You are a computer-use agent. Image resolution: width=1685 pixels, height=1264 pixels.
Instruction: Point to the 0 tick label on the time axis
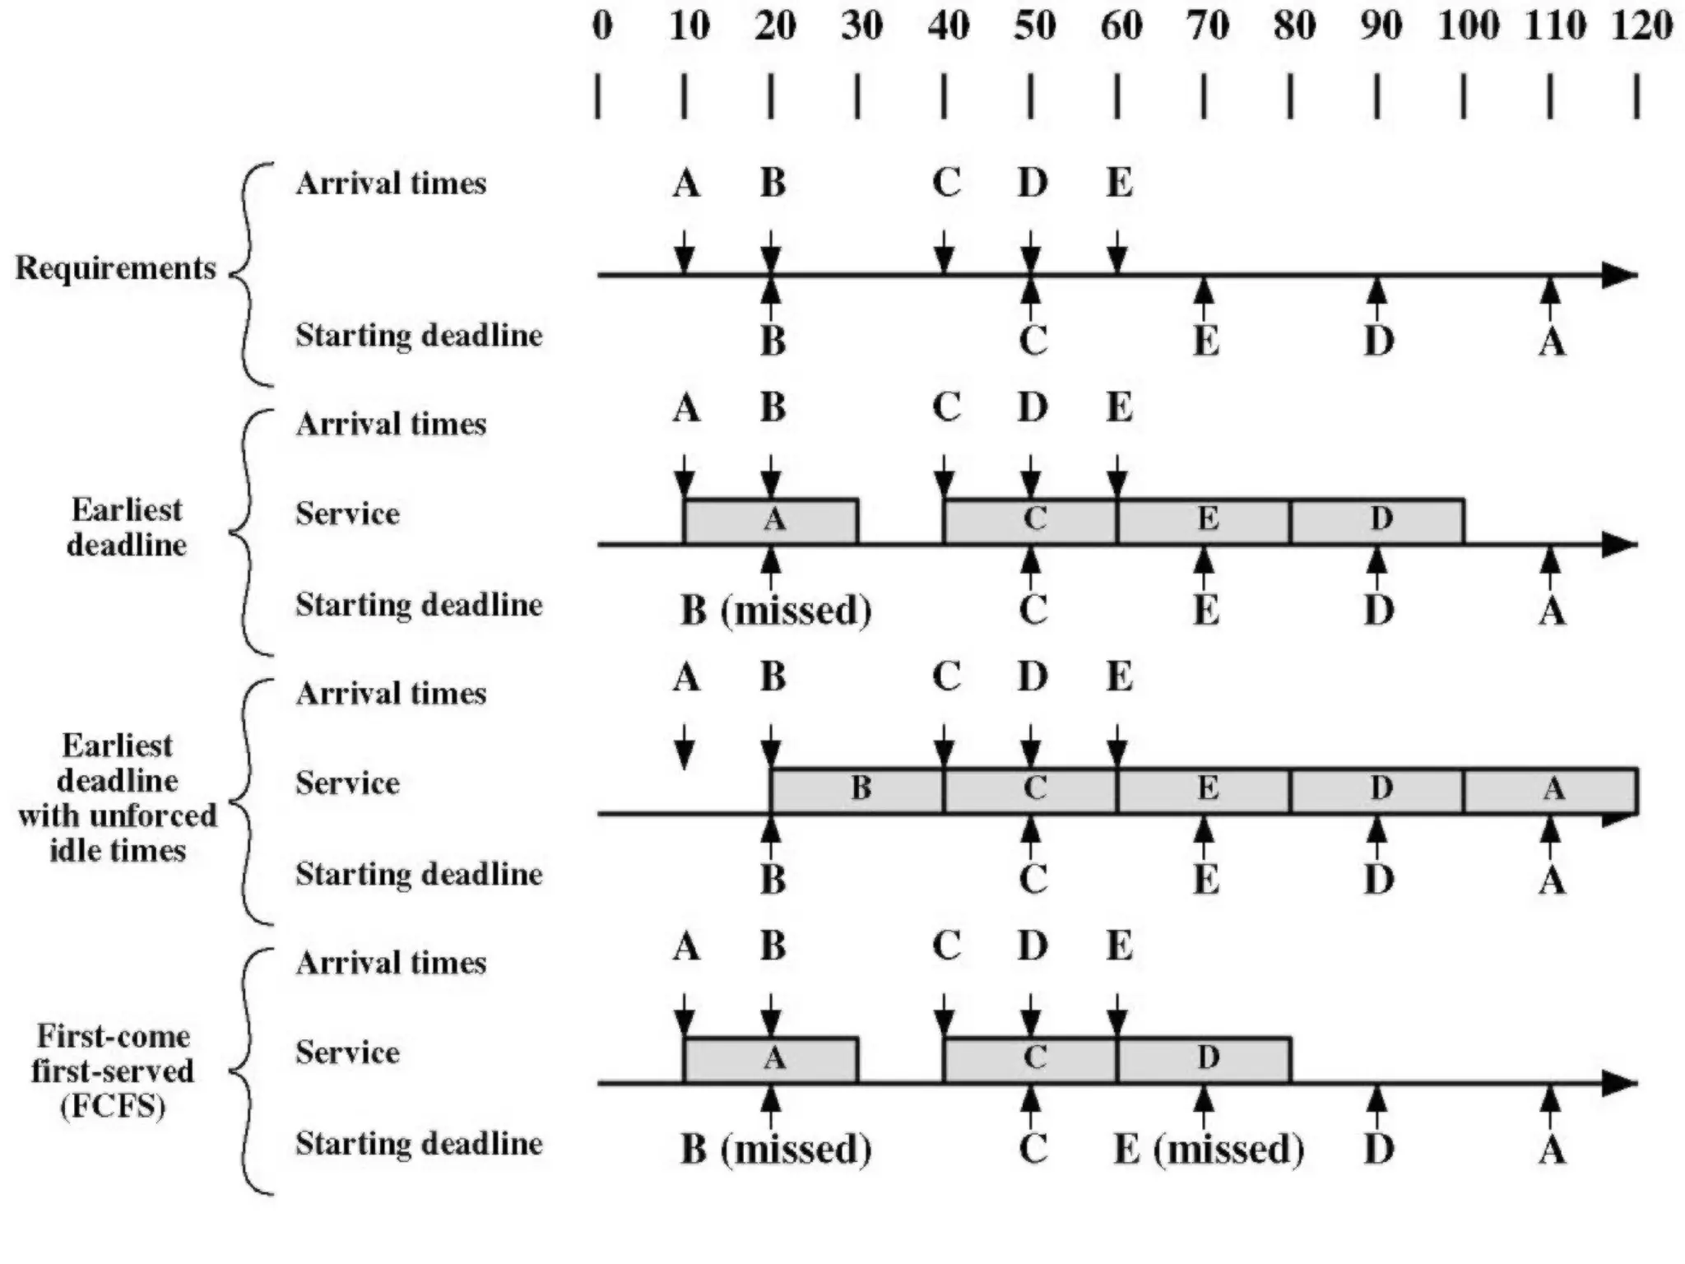(602, 26)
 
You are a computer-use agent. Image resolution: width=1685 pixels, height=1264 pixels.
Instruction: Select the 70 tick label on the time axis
(1207, 26)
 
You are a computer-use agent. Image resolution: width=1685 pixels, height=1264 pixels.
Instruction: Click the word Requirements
(115, 268)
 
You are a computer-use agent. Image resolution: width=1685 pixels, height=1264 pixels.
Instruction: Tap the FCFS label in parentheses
(114, 1105)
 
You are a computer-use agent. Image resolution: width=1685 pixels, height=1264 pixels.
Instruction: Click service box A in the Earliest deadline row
(772, 521)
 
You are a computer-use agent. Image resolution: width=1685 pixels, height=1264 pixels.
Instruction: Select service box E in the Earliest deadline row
(1205, 521)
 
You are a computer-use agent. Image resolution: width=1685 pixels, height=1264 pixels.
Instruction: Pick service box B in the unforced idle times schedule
(858, 790)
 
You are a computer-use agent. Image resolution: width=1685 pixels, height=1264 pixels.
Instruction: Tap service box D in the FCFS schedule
(1205, 1060)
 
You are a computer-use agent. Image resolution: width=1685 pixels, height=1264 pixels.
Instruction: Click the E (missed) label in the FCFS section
(1209, 1150)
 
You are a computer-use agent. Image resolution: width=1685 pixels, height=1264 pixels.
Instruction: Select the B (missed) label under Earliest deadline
(776, 611)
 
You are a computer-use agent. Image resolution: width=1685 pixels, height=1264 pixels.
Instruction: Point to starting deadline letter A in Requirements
(1552, 341)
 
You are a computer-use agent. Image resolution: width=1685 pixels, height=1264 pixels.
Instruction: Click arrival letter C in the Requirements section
(946, 183)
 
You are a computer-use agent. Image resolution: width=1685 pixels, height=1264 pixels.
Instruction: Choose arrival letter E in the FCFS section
(1119, 946)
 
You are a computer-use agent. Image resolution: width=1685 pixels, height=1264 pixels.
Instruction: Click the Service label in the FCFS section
(348, 1053)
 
